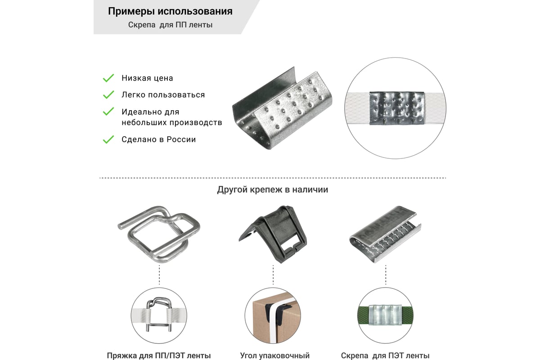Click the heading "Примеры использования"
170,11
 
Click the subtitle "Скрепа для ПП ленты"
170,25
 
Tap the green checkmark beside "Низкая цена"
108,78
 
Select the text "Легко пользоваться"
163,95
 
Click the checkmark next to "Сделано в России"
108,139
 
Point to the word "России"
181,139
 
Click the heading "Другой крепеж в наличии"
272,189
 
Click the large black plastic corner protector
272,234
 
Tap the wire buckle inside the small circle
159,314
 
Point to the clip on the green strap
385,314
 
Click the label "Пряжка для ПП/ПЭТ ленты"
159,355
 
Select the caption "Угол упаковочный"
273,355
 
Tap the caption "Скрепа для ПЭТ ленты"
385,355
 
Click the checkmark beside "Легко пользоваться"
108,95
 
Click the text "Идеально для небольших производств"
171,117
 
